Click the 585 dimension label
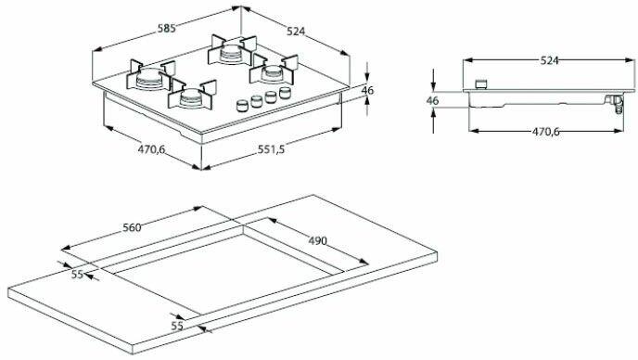[x=166, y=29]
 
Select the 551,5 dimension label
[x=271, y=149]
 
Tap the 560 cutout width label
[x=133, y=227]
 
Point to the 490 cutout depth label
[x=317, y=241]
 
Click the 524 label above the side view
[x=549, y=60]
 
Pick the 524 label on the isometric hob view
[x=296, y=31]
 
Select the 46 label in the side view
[x=433, y=100]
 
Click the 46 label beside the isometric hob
[x=367, y=90]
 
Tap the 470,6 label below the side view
[x=545, y=132]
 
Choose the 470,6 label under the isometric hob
[x=151, y=149]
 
